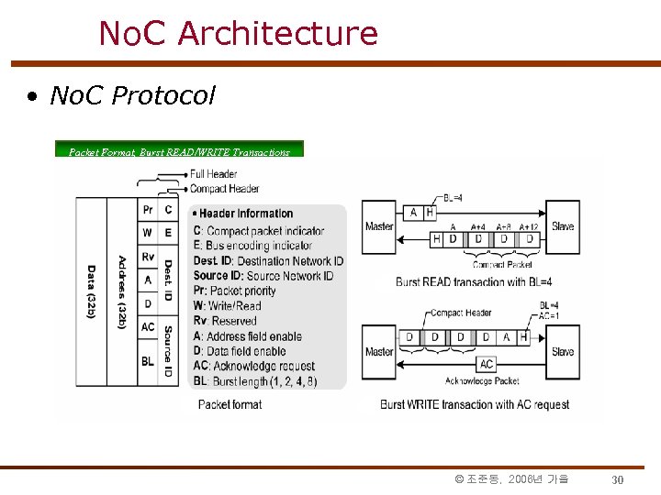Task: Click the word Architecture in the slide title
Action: point(277,34)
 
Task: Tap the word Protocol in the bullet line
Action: point(162,95)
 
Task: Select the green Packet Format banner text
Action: point(179,151)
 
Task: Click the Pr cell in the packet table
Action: point(148,210)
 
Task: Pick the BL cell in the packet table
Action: point(148,361)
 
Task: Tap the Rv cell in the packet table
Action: point(148,257)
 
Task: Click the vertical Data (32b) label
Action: point(91,291)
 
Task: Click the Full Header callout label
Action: point(213,174)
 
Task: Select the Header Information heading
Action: point(246,214)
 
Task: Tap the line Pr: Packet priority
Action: point(235,291)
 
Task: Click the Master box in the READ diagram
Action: point(379,226)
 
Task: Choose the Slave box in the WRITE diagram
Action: point(563,351)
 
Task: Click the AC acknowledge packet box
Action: point(487,364)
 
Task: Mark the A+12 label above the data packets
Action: point(528,226)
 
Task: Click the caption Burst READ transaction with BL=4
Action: point(467,281)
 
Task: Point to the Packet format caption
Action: point(230,404)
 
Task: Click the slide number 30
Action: point(618,479)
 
